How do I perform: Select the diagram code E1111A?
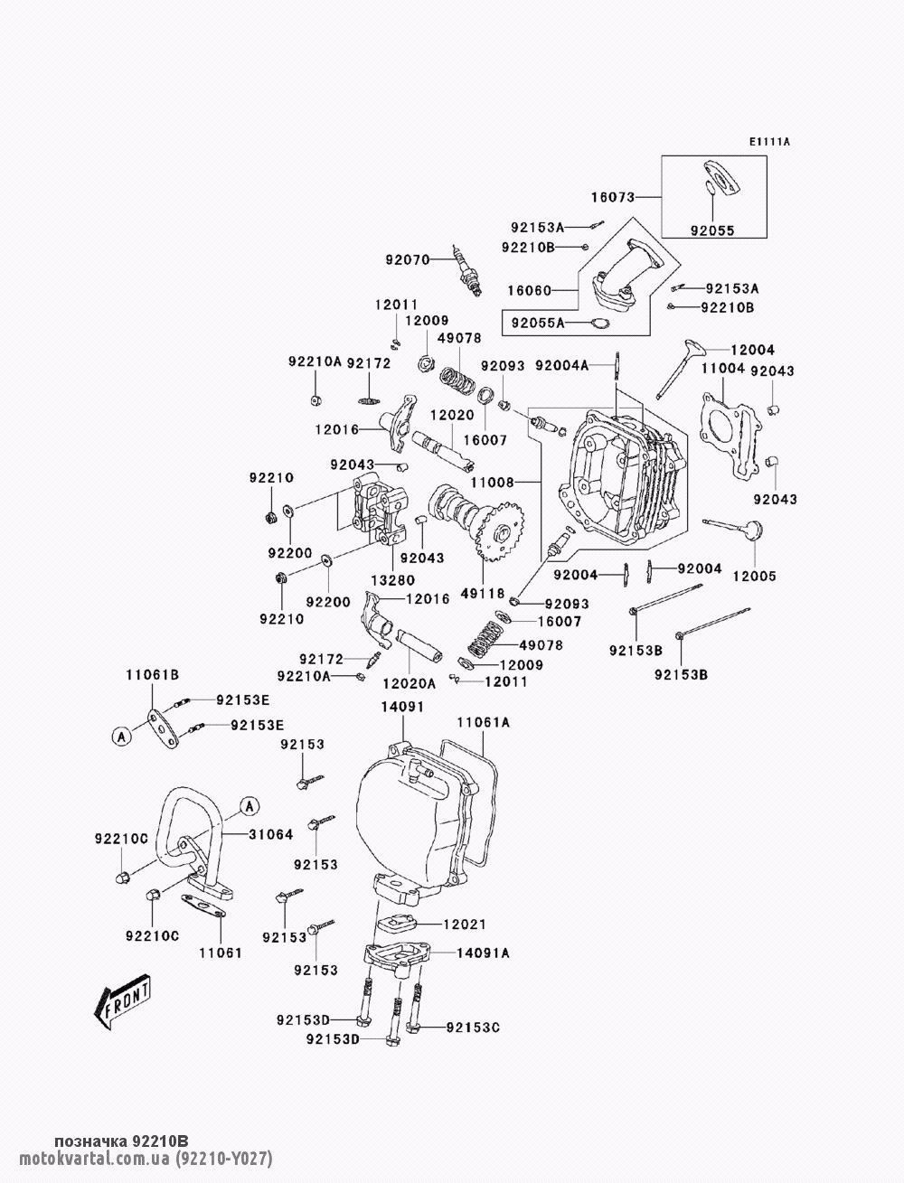(769, 142)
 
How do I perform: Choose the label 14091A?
(483, 953)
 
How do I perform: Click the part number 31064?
(270, 834)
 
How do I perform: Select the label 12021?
(464, 924)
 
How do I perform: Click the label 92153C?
(473, 1028)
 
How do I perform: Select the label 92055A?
(538, 323)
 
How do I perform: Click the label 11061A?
(483, 722)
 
